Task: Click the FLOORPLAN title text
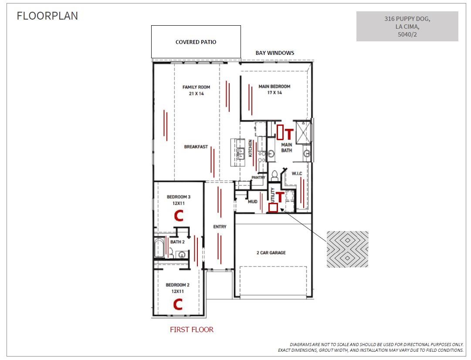47,16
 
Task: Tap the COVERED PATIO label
196,42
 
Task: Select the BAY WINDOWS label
274,53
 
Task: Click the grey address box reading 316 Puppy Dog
407,27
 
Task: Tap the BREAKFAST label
196,147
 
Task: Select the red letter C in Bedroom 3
179,215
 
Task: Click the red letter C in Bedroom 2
178,304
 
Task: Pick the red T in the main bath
288,134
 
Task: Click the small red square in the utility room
273,208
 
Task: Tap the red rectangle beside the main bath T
280,132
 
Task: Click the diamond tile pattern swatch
347,249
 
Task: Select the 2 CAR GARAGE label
271,253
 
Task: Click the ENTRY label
220,227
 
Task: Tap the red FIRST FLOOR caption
192,330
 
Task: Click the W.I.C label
297,174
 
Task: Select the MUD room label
252,202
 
